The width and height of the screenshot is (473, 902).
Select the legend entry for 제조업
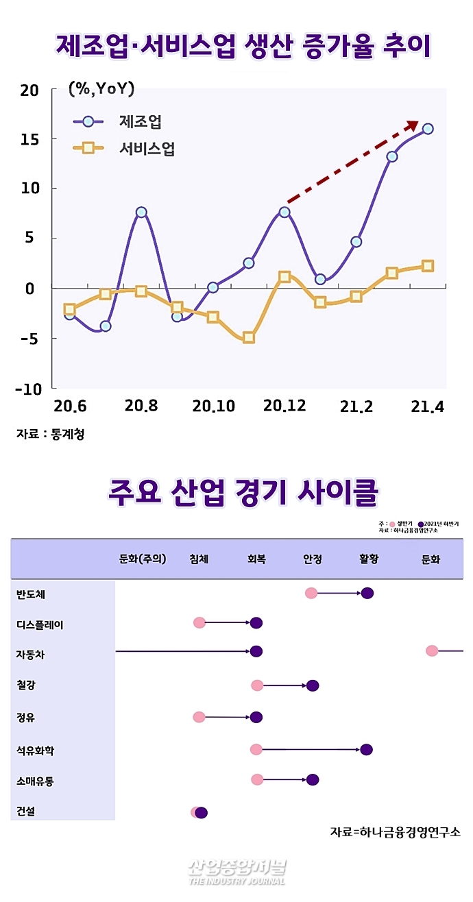[141, 122]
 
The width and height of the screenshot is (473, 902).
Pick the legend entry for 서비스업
[147, 148]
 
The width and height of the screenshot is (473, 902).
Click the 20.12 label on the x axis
[284, 406]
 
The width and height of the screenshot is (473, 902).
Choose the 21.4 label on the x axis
[426, 406]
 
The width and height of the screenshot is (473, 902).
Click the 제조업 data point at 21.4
[428, 129]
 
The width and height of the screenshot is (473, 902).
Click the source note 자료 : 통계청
[51, 434]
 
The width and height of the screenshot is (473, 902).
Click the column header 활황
[368, 559]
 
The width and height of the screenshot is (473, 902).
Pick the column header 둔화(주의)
[143, 559]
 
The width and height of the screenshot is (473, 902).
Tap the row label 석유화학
[35, 751]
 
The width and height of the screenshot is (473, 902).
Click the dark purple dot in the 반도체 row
[367, 593]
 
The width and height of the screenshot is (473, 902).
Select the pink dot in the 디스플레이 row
[199, 623]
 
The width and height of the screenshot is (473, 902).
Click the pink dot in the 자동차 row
[432, 650]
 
